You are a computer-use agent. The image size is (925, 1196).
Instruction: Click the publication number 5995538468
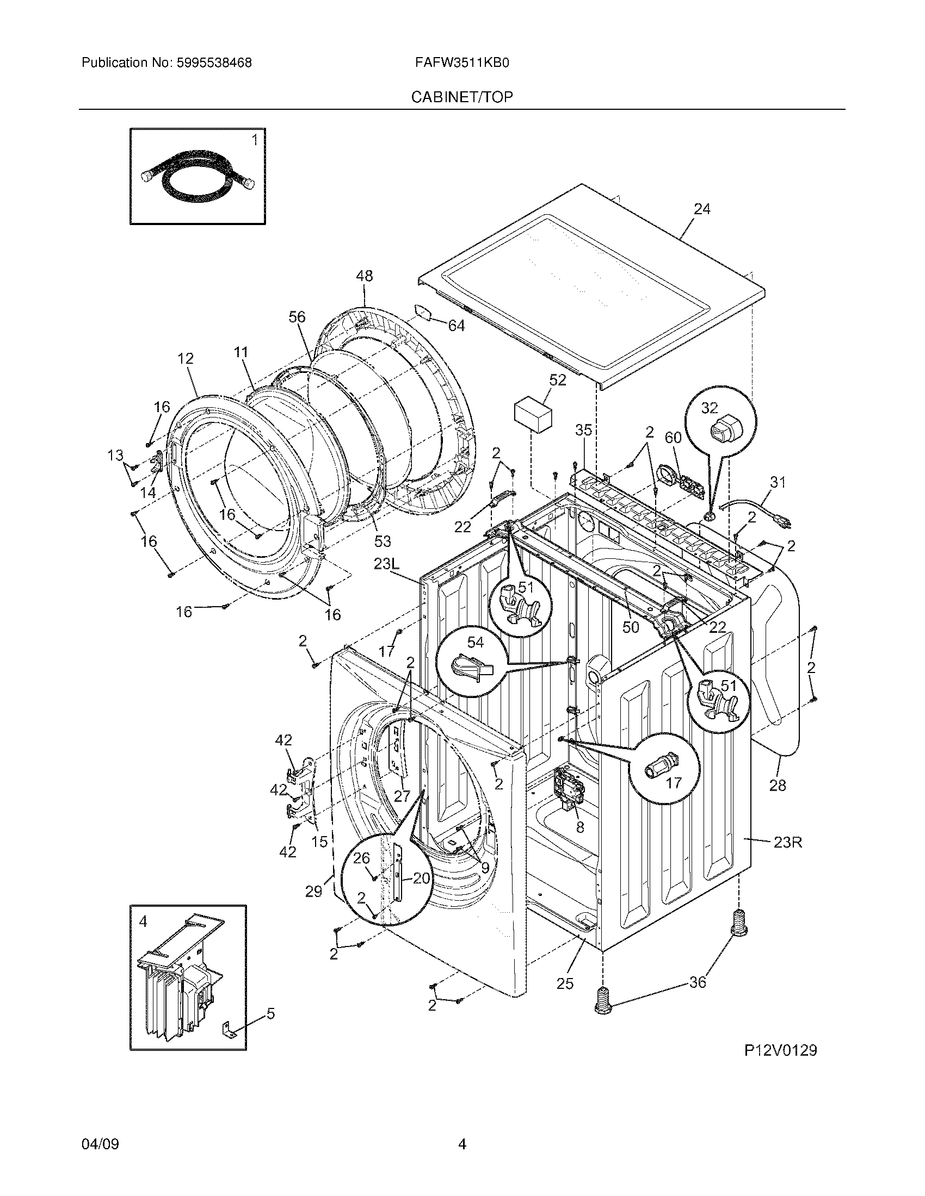214,63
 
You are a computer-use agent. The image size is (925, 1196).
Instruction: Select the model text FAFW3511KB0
462,63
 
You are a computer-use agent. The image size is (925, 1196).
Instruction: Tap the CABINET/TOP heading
462,97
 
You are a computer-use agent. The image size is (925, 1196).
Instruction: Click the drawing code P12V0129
780,1051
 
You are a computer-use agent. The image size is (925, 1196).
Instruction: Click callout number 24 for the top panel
702,209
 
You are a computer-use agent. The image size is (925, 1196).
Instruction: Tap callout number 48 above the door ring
364,277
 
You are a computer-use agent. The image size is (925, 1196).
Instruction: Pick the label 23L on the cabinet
388,564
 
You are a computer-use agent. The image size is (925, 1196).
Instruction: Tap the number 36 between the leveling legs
697,982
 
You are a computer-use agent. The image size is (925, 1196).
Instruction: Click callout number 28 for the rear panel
777,786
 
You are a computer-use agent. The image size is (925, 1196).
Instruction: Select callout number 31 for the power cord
778,482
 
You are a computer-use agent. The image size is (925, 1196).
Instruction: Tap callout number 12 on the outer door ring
185,359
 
